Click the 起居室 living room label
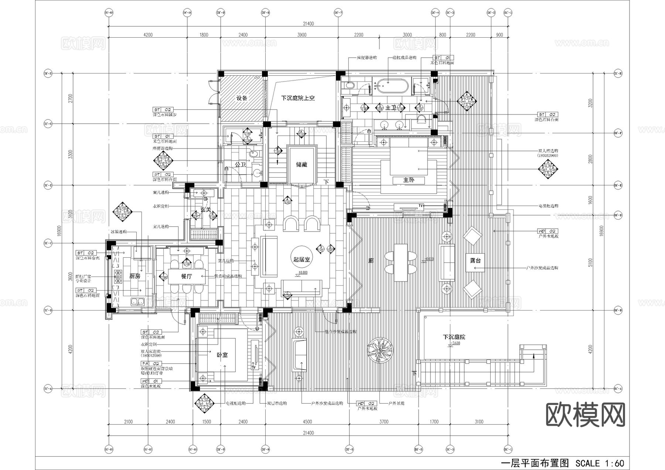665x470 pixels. (302, 260)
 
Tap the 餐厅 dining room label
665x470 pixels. (187, 276)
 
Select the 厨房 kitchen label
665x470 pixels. (135, 276)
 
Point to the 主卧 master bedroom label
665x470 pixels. (409, 180)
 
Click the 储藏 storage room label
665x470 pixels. (301, 165)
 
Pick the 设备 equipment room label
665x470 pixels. (242, 98)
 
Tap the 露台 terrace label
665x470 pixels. (475, 260)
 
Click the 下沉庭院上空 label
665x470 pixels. (298, 98)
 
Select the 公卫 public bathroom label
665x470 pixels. (241, 164)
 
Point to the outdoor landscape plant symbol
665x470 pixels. (380, 349)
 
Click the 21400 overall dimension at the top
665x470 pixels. (308, 24)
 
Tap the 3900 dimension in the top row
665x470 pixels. (301, 35)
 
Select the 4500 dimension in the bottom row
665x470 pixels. (307, 422)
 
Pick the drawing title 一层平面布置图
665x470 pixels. (534, 463)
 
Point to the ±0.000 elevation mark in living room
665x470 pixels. (303, 273)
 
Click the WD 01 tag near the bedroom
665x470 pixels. (151, 381)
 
